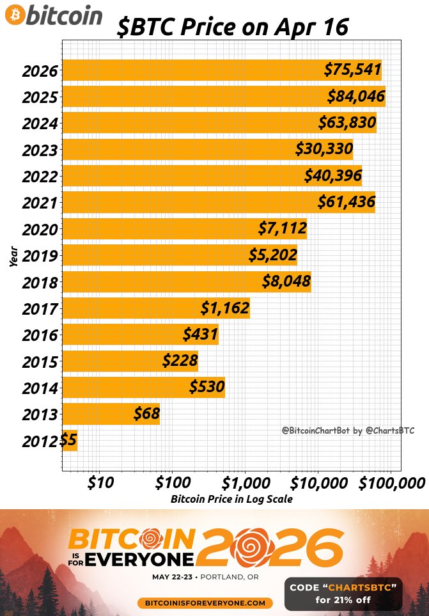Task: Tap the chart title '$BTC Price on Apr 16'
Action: pyautogui.click(x=233, y=28)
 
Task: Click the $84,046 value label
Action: pyautogui.click(x=356, y=97)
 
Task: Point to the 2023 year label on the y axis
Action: pyautogui.click(x=40, y=150)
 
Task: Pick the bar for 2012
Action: pyautogui.click(x=70, y=440)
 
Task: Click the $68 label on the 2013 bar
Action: pyautogui.click(x=146, y=414)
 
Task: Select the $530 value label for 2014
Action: pyautogui.click(x=207, y=387)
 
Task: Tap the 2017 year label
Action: pyautogui.click(x=40, y=309)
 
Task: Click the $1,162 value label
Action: pyautogui.click(x=224, y=308)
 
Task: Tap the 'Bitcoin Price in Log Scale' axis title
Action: pyautogui.click(x=231, y=499)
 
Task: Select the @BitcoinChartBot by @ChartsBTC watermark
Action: pyautogui.click(x=348, y=431)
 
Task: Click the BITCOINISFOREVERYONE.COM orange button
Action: pyautogui.click(x=205, y=603)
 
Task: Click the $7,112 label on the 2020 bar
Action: pyautogui.click(x=282, y=228)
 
